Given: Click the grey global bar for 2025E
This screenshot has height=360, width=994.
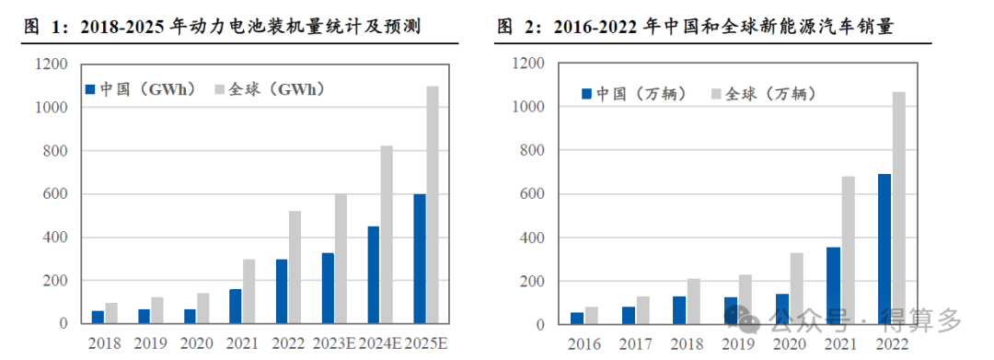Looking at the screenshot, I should [433, 204].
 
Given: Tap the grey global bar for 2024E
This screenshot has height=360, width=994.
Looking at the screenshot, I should [387, 235].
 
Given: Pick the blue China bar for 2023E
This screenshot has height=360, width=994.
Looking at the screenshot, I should [328, 288].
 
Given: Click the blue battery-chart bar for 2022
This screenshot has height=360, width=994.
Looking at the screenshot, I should [282, 291].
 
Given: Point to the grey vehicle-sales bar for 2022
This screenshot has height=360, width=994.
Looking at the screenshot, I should [898, 208].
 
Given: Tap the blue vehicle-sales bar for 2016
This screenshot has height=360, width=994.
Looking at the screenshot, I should [577, 319].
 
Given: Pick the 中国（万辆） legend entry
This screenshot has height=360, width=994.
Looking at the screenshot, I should [634, 93].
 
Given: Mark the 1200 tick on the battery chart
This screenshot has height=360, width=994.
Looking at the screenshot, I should [51, 64].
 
